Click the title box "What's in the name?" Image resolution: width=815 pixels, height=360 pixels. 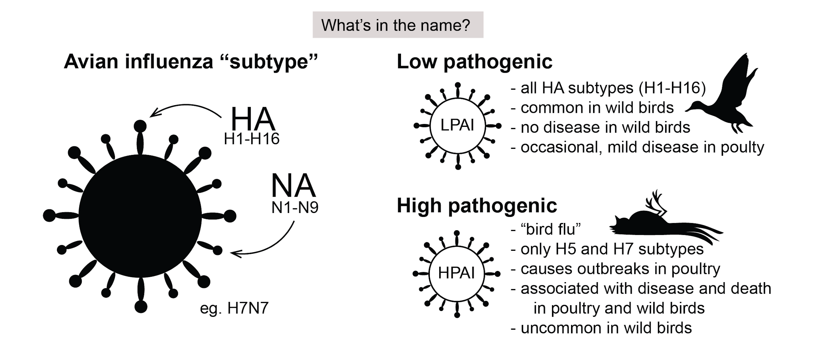click(397, 25)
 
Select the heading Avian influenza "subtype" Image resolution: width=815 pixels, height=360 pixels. click(191, 61)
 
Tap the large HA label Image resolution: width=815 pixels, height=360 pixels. click(253, 119)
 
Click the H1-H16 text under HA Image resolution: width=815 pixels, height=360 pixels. click(251, 139)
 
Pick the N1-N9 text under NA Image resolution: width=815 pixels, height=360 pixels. click(295, 208)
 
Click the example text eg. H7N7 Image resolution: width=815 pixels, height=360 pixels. click(234, 308)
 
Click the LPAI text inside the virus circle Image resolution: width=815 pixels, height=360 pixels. click(457, 125)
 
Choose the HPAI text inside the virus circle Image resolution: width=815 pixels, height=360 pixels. click(456, 273)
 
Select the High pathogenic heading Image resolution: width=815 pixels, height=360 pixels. click(477, 205)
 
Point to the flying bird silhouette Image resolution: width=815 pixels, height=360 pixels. click(724, 97)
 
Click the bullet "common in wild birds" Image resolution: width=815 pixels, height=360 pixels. click(597, 108)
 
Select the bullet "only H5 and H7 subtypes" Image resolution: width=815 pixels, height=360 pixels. click(612, 249)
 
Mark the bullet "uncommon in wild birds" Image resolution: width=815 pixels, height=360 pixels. click(606, 328)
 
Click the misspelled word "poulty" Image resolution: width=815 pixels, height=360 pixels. click(742, 148)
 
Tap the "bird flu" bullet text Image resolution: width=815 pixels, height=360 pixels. click(551, 229)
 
